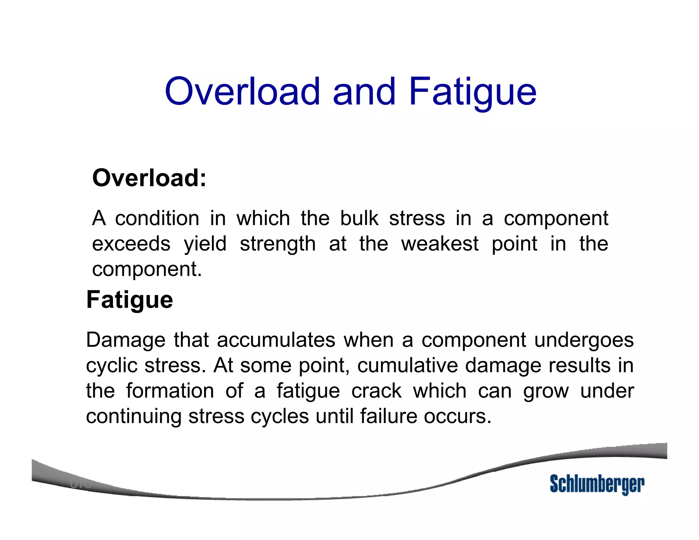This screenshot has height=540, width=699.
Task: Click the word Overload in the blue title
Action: point(243,91)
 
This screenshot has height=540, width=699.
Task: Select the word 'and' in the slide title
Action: point(364,91)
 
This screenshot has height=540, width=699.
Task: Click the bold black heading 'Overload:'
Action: point(149,178)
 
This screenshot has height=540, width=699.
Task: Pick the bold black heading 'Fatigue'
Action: point(130,300)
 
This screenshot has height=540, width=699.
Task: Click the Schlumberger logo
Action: point(597,484)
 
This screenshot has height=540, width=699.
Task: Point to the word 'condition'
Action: point(157,218)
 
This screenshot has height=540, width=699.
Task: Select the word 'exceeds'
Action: point(131,244)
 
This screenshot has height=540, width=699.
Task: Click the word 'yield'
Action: point(205,244)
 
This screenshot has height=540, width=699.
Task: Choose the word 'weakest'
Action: point(440,244)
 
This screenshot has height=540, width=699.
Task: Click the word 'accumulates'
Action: point(276,340)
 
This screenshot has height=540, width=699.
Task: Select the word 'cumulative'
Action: point(408,365)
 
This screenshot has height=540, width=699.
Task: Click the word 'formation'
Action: point(170,391)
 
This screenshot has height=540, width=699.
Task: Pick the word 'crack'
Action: point(376,391)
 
